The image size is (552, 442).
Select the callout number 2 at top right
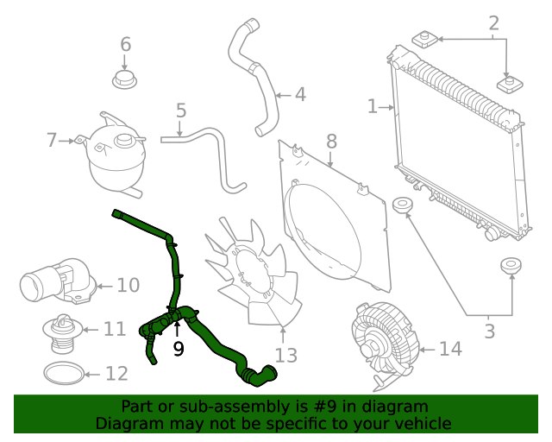pyautogui.click(x=494, y=23)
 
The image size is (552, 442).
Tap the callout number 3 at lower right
pyautogui.click(x=489, y=329)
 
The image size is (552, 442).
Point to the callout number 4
pyautogui.click(x=299, y=94)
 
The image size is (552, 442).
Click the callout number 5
pyautogui.click(x=180, y=110)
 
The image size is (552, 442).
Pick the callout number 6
pyautogui.click(x=125, y=44)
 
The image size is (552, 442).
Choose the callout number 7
pyautogui.click(x=52, y=139)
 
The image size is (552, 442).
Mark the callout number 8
pyautogui.click(x=331, y=141)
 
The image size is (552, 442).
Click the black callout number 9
pyautogui.click(x=179, y=349)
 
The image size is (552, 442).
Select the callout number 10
pyautogui.click(x=128, y=285)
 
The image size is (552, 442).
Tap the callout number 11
pyautogui.click(x=115, y=329)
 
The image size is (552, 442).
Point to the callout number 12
pyautogui.click(x=116, y=374)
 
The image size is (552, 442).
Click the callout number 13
pyautogui.click(x=285, y=355)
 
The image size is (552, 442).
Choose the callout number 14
pyautogui.click(x=450, y=349)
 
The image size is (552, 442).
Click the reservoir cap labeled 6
pyautogui.click(x=125, y=80)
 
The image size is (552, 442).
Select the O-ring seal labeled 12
pyautogui.click(x=65, y=373)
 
